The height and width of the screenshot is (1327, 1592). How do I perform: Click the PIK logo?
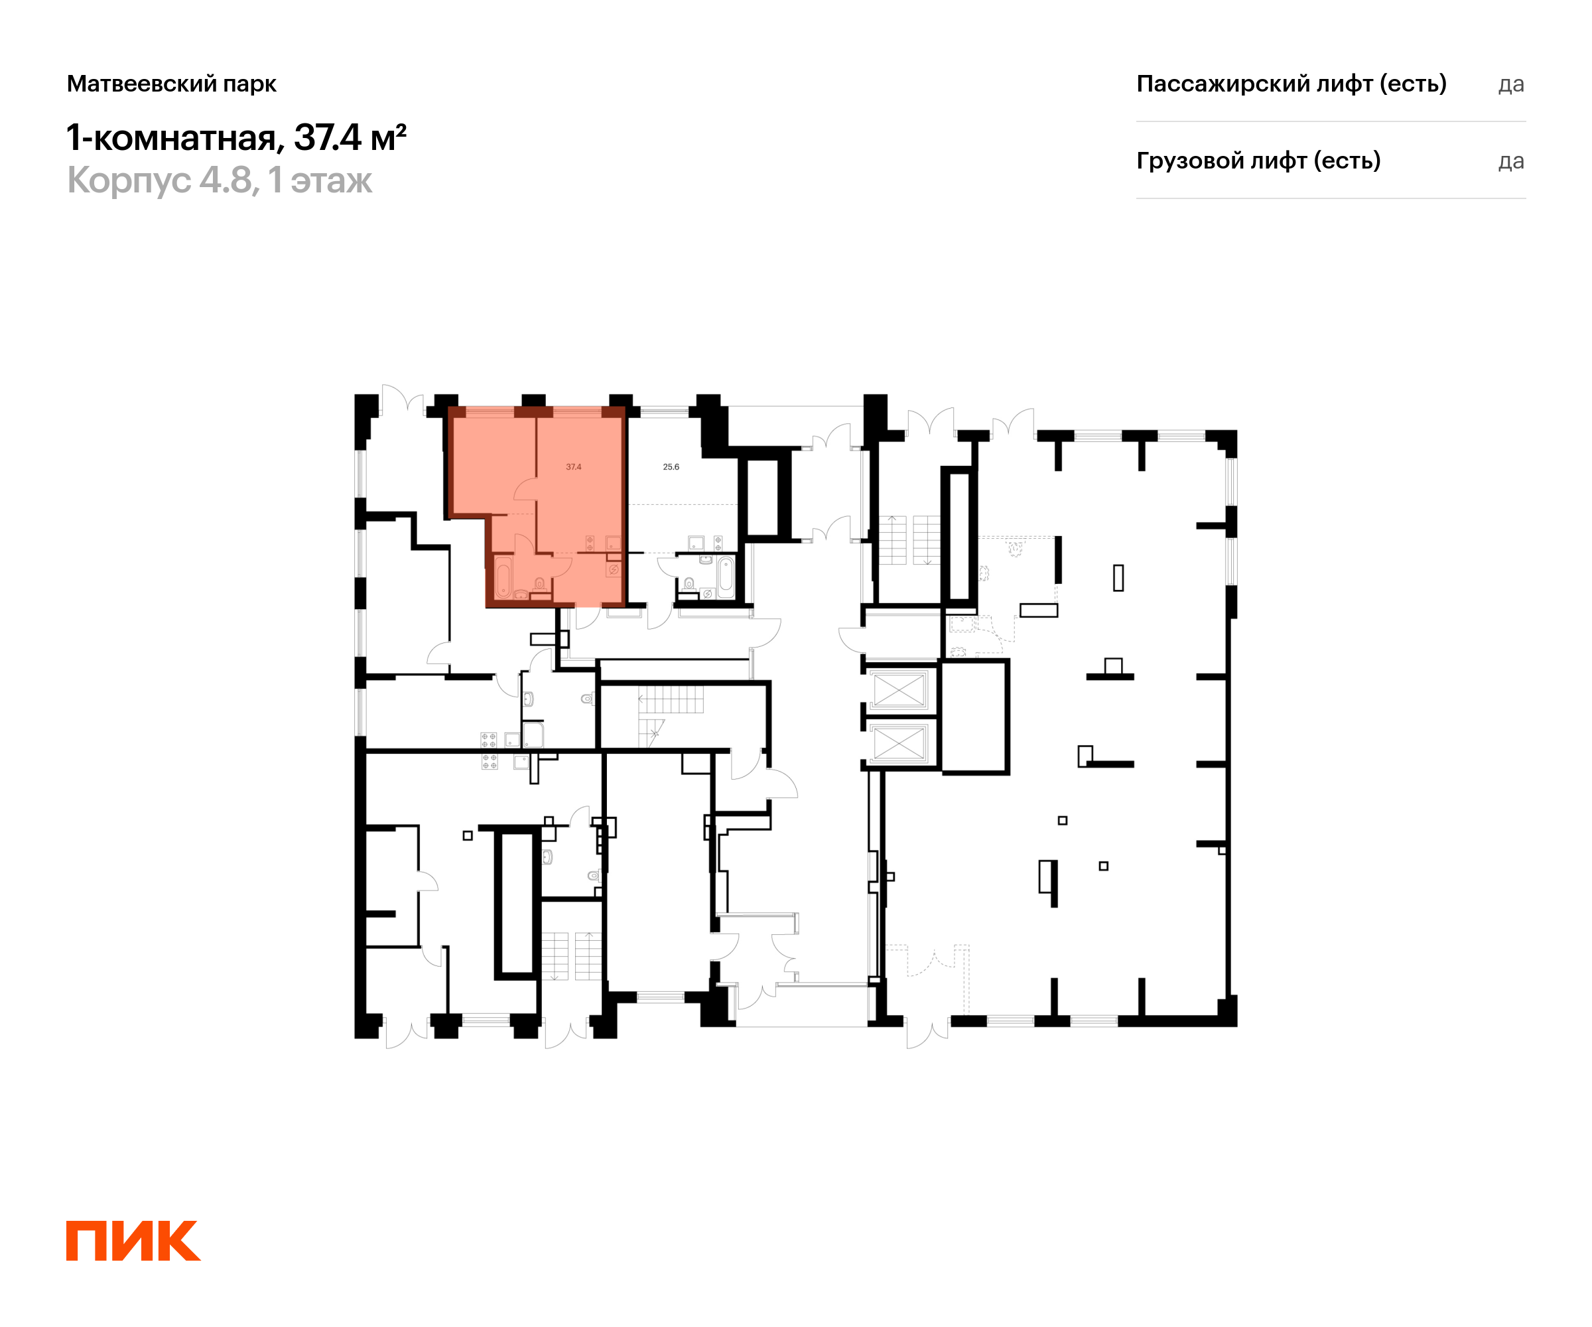click(133, 1241)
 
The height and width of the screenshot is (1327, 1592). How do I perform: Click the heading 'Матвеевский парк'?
click(171, 84)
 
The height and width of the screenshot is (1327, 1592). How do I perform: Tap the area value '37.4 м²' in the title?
click(350, 137)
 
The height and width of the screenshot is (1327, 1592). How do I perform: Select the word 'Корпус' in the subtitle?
click(129, 180)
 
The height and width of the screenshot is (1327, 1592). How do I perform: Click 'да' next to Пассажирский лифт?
click(1511, 85)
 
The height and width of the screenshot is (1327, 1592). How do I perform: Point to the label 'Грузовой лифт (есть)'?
click(1258, 161)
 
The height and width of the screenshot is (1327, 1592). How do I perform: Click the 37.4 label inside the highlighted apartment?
click(574, 467)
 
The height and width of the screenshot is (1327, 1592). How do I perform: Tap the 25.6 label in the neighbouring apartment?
click(671, 467)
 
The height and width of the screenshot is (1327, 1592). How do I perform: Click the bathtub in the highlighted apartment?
click(503, 579)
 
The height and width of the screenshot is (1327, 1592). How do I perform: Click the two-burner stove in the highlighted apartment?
click(590, 543)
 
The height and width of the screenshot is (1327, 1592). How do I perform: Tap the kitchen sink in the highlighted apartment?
click(612, 543)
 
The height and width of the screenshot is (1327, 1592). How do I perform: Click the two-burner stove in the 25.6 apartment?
click(718, 543)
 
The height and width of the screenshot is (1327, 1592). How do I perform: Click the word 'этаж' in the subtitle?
click(331, 181)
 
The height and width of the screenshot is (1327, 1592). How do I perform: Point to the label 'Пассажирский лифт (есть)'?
click(1291, 84)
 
